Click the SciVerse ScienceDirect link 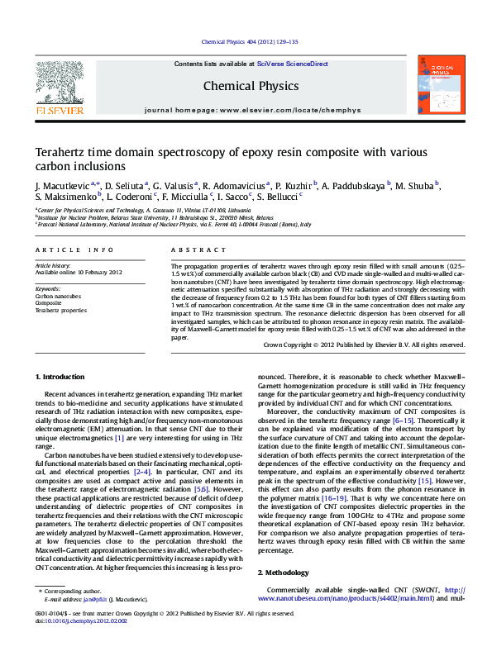click(292, 64)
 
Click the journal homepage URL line click(252, 110)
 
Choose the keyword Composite click(48, 303)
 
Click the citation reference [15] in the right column click(425, 480)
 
